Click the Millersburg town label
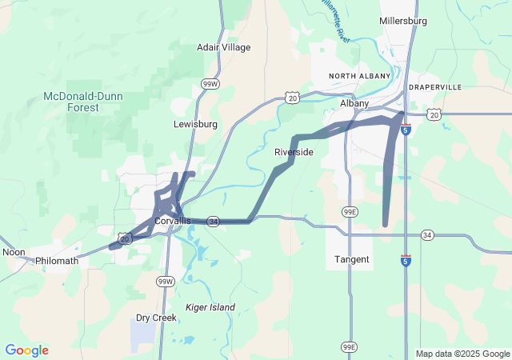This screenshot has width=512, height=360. tap(404, 20)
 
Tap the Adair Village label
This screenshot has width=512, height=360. tap(224, 47)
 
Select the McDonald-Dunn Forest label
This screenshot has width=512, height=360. tap(72, 102)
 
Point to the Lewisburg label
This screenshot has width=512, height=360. tap(195, 124)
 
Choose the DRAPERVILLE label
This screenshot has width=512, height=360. tap(436, 86)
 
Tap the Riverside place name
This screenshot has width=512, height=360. tap(294, 152)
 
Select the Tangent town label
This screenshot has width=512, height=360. tap(352, 259)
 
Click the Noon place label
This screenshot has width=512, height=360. tap(14, 251)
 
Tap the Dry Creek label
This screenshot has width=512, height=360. tap(156, 318)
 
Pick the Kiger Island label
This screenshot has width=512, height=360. tap(210, 307)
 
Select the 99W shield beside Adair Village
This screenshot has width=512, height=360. tap(210, 83)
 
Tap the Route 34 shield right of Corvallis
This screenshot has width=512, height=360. tap(213, 221)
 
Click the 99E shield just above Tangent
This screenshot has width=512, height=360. tap(349, 211)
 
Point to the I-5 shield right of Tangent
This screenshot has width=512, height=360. tap(406, 261)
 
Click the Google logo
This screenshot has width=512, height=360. tap(26, 350)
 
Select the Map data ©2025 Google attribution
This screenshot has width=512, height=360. tap(462, 354)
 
